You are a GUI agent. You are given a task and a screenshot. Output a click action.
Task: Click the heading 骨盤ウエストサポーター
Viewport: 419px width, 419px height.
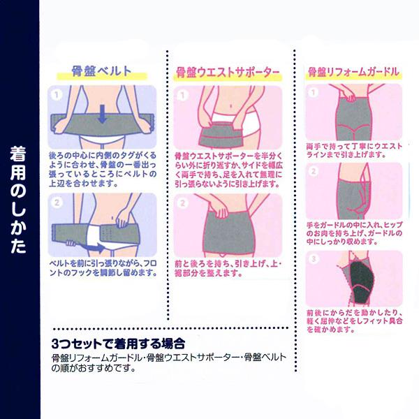228,71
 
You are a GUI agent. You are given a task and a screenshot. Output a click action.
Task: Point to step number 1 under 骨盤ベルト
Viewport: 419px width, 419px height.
57,91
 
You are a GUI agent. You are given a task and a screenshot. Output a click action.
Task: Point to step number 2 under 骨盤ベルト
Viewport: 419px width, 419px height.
57,203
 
